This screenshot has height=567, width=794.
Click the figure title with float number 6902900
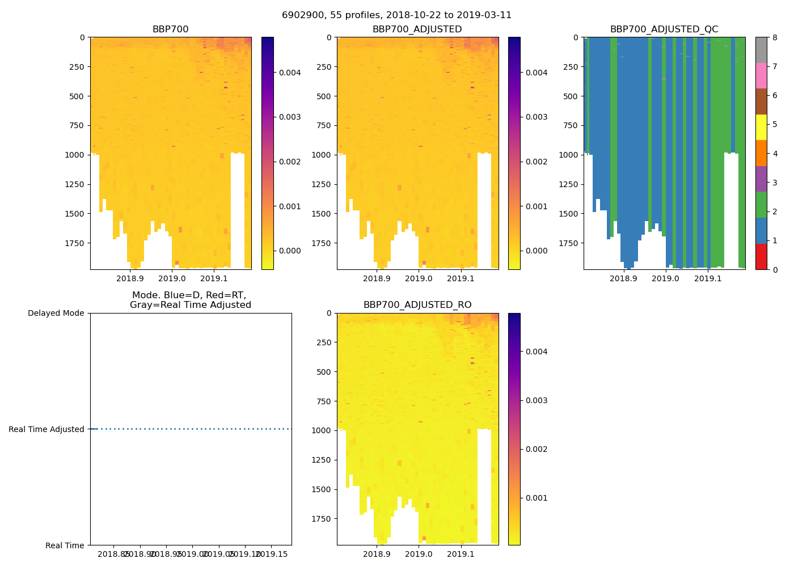396,15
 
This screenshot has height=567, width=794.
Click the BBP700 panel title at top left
170,29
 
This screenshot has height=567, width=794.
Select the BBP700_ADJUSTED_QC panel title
664,29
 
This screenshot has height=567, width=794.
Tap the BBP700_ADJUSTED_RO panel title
417,305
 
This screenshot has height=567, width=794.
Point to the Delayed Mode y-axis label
56,314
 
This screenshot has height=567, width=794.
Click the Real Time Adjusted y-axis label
47,429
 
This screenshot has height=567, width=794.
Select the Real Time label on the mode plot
65,545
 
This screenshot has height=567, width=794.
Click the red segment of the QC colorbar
761,257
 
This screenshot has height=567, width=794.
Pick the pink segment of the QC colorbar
761,76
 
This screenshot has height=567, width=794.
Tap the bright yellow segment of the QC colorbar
761,128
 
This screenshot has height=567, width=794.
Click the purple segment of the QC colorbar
761,179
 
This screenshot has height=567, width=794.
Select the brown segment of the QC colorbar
761,101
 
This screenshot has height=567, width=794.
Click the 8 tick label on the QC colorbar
774,38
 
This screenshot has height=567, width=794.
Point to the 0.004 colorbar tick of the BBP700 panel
290,73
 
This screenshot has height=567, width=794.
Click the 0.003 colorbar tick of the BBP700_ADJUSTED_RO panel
537,400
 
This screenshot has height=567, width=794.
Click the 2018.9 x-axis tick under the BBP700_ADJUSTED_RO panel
377,554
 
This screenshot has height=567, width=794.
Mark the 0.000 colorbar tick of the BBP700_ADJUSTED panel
537,251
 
